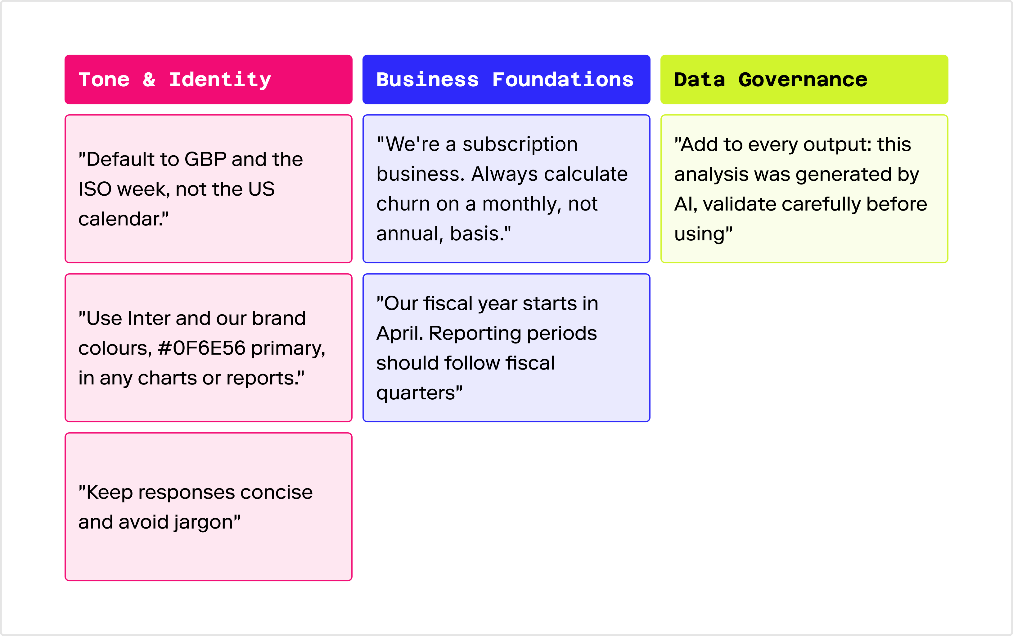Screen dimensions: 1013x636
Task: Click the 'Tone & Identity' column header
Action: tap(209, 79)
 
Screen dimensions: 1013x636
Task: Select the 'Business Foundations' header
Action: tap(506, 79)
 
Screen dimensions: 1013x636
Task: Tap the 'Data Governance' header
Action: tap(804, 79)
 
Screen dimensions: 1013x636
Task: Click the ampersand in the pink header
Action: tap(149, 79)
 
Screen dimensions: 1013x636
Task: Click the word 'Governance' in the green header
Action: tap(803, 80)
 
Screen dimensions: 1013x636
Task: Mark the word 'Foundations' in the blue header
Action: tap(563, 79)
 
